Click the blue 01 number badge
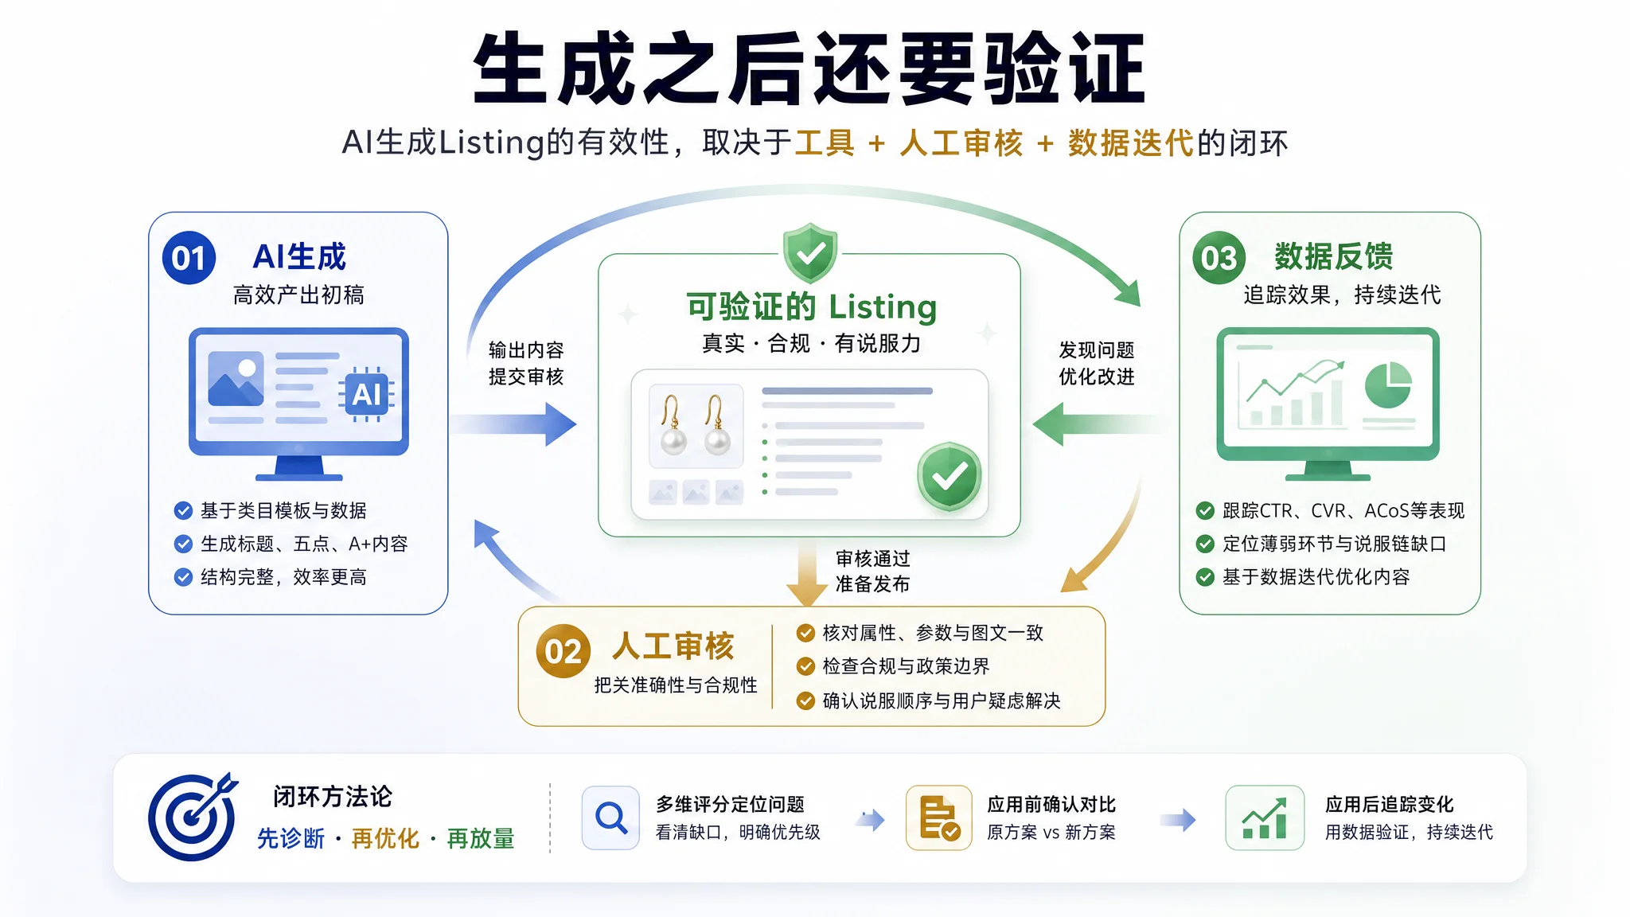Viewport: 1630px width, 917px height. [189, 258]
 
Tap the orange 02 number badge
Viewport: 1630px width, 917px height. [563, 651]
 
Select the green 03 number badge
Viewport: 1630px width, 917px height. [1219, 258]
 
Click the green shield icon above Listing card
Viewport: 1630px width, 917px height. [810, 253]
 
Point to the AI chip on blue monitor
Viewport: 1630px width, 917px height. [366, 394]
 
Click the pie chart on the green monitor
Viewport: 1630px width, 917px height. [1389, 384]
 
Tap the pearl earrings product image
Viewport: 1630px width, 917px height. [696, 426]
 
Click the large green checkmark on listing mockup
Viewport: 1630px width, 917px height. [950, 476]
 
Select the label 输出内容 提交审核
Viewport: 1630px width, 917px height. [526, 363]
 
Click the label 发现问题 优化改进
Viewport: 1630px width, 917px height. [1097, 363]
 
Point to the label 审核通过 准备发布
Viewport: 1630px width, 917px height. [873, 571]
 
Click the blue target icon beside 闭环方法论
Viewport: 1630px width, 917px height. [193, 817]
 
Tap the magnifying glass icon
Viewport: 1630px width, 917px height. [610, 817]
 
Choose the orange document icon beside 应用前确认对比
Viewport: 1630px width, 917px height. [939, 817]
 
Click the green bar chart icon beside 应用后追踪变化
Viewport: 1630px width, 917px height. [1265, 817]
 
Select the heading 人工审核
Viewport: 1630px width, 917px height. [673, 646]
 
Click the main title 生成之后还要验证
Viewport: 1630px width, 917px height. [809, 68]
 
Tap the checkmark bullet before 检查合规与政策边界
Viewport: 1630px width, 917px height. [805, 666]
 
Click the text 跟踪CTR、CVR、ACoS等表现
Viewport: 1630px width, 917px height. [1343, 510]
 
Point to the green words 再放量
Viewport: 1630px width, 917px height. [481, 838]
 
